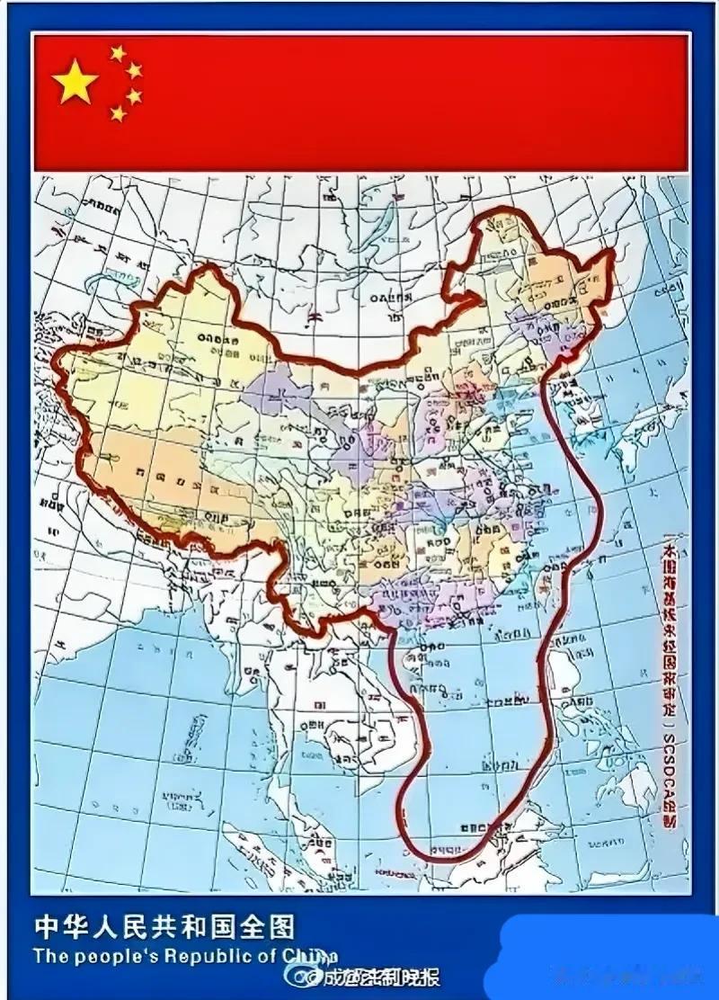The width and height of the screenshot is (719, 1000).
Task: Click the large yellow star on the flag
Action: pos(75,83)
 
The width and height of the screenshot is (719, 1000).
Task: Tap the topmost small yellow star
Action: pos(118,53)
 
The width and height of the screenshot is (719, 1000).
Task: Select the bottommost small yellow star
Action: pos(118,113)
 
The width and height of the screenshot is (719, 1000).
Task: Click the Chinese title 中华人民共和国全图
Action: pos(164,926)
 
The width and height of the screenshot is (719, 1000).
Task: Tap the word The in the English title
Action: pos(51,955)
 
